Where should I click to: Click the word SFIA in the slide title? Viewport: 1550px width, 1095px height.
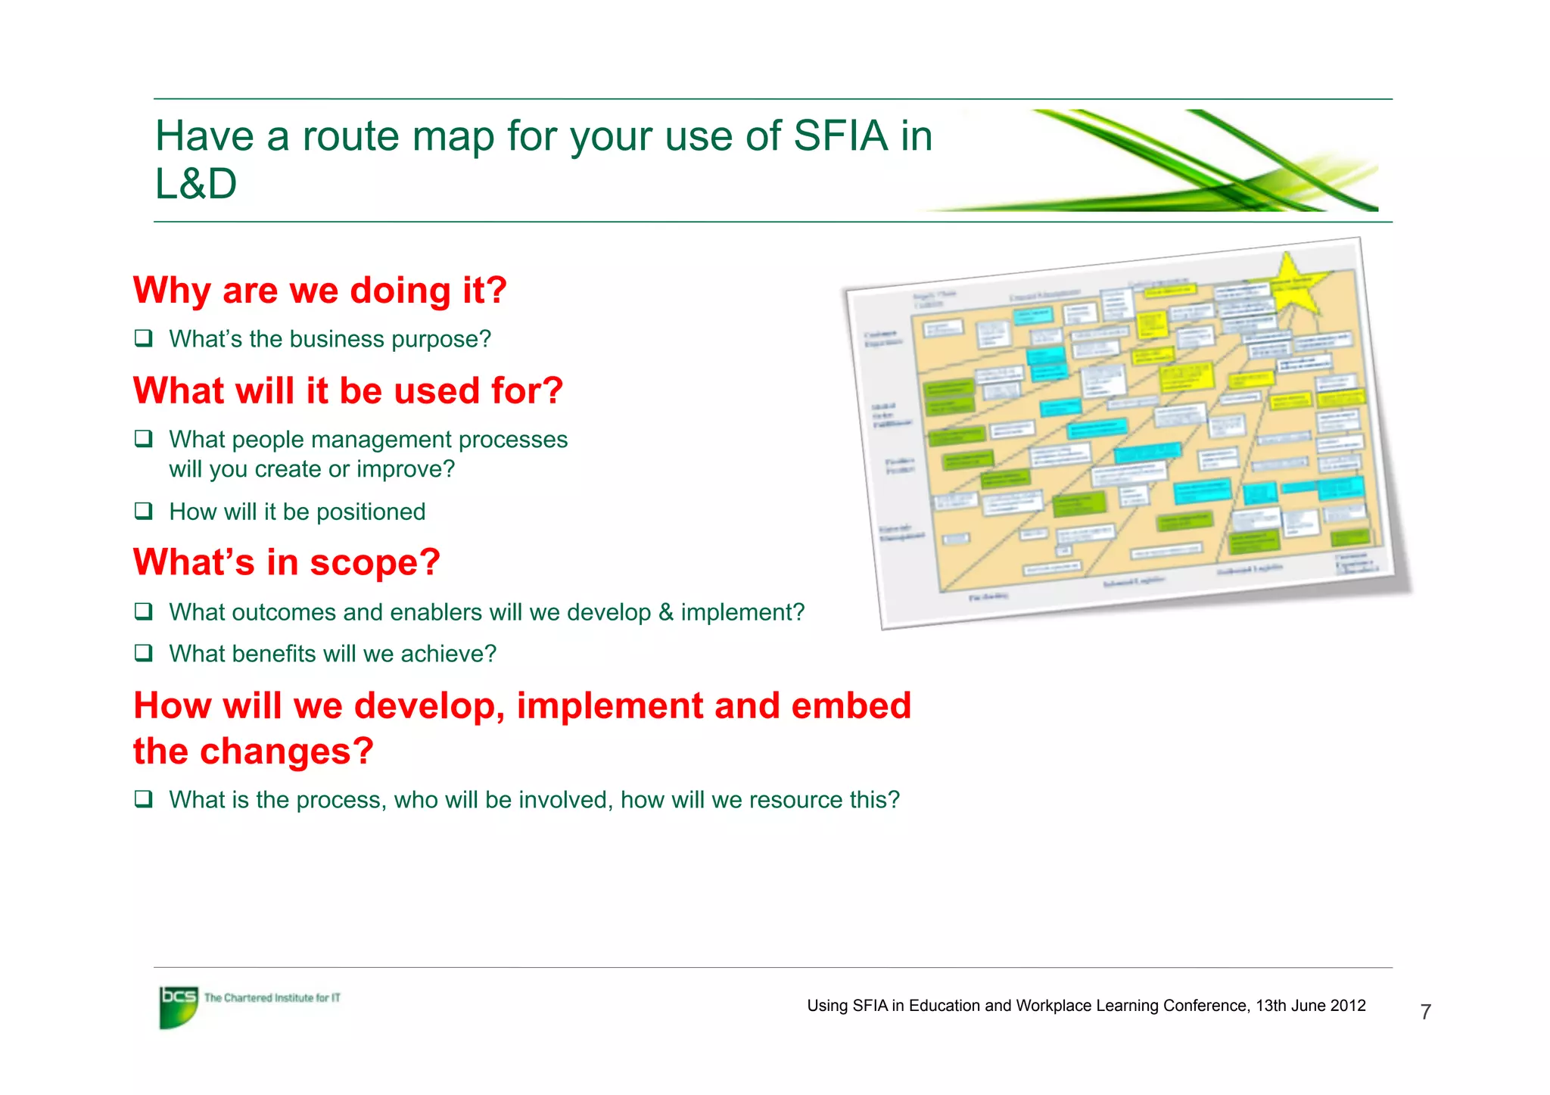point(839,136)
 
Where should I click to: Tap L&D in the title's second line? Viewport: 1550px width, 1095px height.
point(196,184)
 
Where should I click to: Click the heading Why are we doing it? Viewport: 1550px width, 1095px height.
point(319,291)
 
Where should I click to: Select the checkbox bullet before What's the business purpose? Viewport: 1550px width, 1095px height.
point(143,338)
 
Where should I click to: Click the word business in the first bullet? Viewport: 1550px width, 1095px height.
point(329,339)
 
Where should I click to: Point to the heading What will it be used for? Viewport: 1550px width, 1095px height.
point(347,391)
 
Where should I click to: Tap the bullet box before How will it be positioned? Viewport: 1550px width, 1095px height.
point(143,511)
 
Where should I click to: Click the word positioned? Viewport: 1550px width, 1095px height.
point(371,512)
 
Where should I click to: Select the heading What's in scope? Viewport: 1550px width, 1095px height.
point(286,562)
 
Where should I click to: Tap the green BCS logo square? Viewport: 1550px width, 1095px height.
point(179,1006)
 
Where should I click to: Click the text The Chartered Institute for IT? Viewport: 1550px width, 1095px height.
point(272,998)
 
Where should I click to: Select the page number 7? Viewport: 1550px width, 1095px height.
point(1425,1012)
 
